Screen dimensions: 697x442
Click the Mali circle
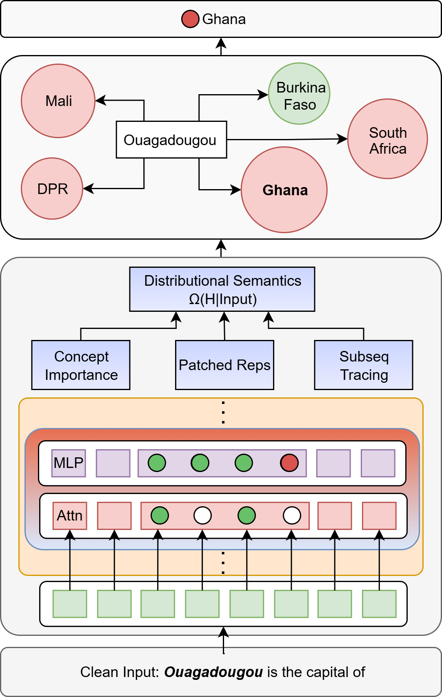click(x=58, y=101)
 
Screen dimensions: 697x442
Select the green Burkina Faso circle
click(x=299, y=93)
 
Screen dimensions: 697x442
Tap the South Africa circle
click(x=388, y=139)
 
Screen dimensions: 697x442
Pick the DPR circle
click(x=52, y=188)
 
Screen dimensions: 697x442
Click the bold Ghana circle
click(x=284, y=190)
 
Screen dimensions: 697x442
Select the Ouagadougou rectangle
click(x=171, y=139)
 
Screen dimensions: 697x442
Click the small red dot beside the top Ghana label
click(x=190, y=19)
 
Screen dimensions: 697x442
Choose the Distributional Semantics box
click(x=222, y=289)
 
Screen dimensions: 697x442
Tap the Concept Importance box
click(x=81, y=365)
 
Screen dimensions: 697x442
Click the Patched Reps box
click(x=224, y=365)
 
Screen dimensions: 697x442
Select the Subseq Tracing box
click(x=363, y=365)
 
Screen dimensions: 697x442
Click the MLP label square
click(x=69, y=463)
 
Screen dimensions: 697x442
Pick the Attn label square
click(x=70, y=516)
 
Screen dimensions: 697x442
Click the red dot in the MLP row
click(x=289, y=463)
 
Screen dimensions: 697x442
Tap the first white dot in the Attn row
click(x=202, y=515)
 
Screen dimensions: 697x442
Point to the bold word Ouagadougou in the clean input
click(x=213, y=672)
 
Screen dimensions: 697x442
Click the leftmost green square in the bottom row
click(x=70, y=604)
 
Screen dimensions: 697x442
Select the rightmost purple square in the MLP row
click(x=378, y=463)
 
